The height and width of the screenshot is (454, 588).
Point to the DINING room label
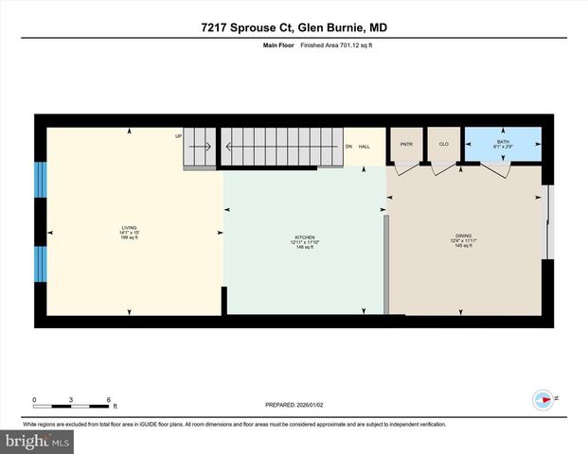point(463,241)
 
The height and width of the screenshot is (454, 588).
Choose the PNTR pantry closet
point(407,145)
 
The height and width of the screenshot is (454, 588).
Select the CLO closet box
point(443,145)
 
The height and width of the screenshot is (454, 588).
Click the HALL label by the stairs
point(364,147)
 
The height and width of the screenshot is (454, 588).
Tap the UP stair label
point(178,136)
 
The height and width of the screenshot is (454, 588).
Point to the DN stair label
point(348,147)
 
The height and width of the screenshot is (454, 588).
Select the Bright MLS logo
point(38,441)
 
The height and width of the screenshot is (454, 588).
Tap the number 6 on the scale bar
point(110,400)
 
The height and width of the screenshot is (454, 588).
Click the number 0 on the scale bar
point(34,400)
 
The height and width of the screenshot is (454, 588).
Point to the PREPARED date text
point(294,405)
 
